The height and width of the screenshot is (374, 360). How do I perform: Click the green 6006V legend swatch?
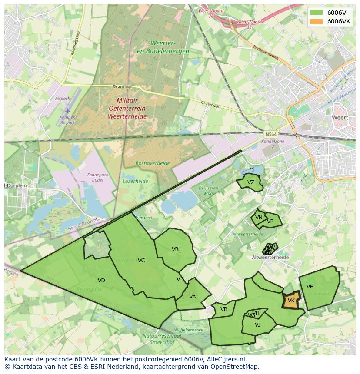316,13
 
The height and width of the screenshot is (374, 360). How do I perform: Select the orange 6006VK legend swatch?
316,21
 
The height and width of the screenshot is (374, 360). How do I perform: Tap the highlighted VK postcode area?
291,301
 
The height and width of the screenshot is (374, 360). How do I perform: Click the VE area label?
310,287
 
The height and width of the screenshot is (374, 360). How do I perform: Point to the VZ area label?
250,182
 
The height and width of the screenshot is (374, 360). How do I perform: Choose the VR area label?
175,249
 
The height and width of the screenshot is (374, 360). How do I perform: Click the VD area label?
101,281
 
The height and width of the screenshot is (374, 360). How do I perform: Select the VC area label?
141,261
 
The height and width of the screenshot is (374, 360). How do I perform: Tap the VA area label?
193,297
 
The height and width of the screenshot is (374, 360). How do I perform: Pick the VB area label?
224,309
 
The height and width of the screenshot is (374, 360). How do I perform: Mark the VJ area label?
257,324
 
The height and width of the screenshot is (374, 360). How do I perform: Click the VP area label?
270,221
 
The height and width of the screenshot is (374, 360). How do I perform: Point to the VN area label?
259,218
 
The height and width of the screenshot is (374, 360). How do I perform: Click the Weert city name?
340,117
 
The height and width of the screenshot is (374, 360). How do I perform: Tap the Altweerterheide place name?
270,257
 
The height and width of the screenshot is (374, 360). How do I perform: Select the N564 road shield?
270,134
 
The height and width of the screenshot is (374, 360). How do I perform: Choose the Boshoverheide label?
152,163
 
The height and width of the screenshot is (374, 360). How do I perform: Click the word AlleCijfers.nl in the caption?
226,359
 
